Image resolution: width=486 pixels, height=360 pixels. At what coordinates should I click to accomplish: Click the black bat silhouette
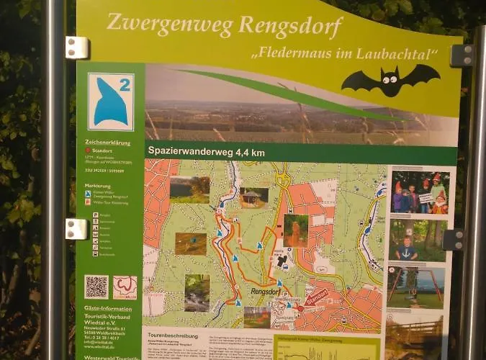pos(390,80)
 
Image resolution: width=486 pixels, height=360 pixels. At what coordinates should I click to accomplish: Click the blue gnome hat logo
pos(110,102)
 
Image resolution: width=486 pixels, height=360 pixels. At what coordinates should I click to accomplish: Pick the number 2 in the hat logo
pos(125,85)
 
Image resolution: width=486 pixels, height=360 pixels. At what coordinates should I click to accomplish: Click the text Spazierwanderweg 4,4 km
pos(207,152)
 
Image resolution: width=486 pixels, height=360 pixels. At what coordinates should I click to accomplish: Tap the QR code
pos(96,287)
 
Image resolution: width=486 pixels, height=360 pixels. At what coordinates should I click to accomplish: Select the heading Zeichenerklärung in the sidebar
pos(108,142)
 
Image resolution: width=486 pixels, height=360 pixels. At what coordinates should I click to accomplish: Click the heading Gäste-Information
pos(108,308)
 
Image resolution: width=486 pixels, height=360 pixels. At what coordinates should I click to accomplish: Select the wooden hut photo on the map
pos(253,197)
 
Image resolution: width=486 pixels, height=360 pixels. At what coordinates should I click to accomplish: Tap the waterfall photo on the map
pos(197,292)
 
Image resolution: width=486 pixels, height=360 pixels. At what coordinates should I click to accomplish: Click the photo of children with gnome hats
pos(420,192)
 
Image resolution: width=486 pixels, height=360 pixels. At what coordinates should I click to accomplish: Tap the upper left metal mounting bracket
pos(76,48)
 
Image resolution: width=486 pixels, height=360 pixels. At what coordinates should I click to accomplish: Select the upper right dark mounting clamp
pos(462,56)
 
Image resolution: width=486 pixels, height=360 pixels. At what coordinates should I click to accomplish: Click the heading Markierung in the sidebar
pos(98,185)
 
